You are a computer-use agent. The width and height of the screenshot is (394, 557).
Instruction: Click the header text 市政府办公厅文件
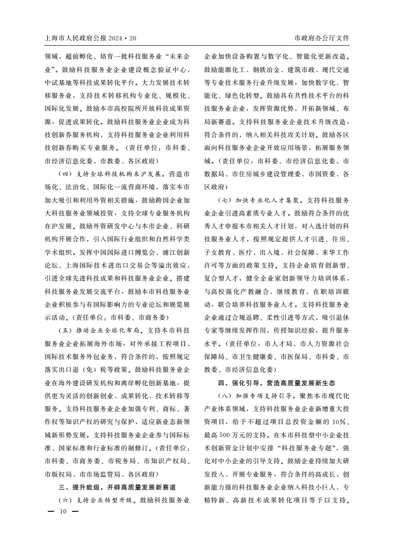pyautogui.click(x=322, y=38)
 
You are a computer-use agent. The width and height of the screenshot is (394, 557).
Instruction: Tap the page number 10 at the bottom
pyautogui.click(x=63, y=512)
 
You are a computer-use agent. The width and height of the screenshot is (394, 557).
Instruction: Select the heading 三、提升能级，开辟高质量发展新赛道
pyautogui.click(x=117, y=487)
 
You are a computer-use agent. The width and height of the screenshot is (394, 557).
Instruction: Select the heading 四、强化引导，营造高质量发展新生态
pyautogui.click(x=277, y=383)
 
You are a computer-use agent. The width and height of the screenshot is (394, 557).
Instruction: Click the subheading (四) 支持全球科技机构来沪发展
pyautogui.click(x=111, y=175)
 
